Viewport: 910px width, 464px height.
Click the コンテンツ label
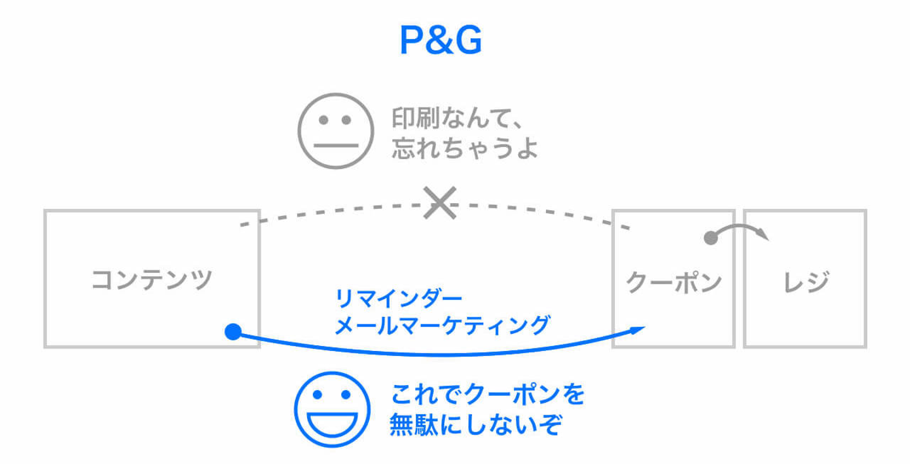pos(152,280)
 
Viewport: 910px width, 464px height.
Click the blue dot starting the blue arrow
pos(233,331)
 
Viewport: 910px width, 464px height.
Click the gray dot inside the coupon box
pos(710,239)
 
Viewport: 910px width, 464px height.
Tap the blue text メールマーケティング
pos(441,325)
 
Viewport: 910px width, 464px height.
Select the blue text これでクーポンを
pos(488,396)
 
